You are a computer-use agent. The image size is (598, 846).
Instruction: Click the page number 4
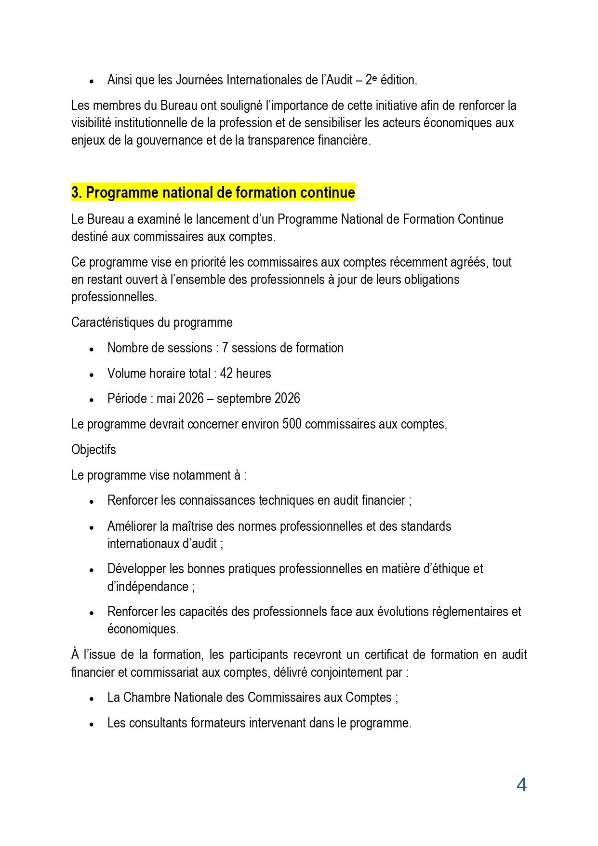click(x=521, y=785)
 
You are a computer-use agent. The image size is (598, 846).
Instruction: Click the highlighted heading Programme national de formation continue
click(x=213, y=193)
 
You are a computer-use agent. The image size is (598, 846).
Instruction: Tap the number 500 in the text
click(x=292, y=424)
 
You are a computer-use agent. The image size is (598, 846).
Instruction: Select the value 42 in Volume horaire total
click(x=226, y=374)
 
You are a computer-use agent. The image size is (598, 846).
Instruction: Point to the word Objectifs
click(x=93, y=450)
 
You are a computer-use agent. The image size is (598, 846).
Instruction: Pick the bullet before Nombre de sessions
click(x=91, y=349)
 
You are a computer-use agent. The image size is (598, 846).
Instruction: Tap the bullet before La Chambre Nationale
click(x=91, y=698)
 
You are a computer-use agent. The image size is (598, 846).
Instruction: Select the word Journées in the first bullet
click(x=199, y=80)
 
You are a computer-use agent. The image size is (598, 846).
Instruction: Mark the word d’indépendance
click(x=148, y=587)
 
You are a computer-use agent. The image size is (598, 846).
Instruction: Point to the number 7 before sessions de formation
click(x=225, y=348)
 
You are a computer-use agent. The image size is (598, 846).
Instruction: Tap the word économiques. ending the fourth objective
click(x=143, y=629)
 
